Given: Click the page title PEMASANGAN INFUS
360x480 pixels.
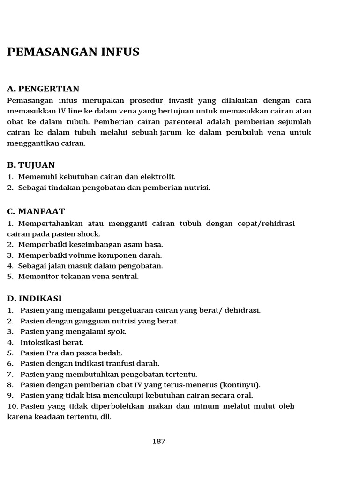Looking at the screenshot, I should (73, 52).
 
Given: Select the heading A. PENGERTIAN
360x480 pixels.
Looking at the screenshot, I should (43, 89).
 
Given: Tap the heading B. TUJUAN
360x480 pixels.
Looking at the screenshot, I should (31, 165).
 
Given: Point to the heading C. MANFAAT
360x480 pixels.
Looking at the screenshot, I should (36, 211).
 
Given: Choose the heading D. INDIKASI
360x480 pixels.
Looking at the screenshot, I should (35, 299).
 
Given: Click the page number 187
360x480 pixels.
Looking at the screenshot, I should (159, 441).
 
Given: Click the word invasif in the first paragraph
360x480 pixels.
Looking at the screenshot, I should (181, 101).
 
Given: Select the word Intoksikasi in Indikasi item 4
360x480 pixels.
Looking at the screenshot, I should (40, 343).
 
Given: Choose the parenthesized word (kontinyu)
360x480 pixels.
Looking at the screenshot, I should (240, 385).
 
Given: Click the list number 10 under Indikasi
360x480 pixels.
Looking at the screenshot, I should (13, 406).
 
